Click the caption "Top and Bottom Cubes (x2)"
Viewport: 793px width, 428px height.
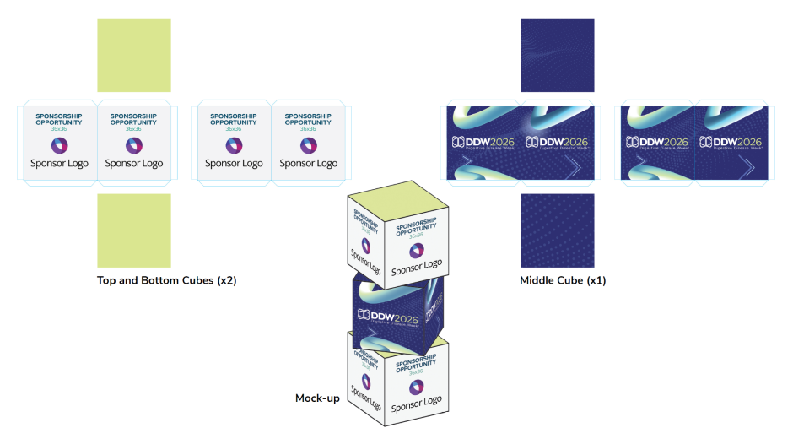tap(166, 280)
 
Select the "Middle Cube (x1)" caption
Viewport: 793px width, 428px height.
tap(563, 280)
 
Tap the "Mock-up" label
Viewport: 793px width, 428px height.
tap(317, 398)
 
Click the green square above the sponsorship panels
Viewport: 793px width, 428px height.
tap(134, 55)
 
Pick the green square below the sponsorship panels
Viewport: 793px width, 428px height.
tap(134, 230)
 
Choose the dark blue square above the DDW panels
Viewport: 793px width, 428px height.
tap(558, 55)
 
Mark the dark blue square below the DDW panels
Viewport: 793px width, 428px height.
tap(558, 230)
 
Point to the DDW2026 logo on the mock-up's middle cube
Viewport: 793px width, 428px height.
tap(391, 315)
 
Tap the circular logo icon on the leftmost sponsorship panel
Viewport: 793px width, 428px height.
tap(59, 144)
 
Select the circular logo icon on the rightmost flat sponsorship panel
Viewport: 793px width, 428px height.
tap(308, 144)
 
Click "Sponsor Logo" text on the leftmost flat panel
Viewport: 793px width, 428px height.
tap(59, 164)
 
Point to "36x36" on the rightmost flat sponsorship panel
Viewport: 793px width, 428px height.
tap(308, 129)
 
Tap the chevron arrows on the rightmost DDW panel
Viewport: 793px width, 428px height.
tap(750, 169)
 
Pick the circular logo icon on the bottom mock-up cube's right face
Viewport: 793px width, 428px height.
tap(415, 387)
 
